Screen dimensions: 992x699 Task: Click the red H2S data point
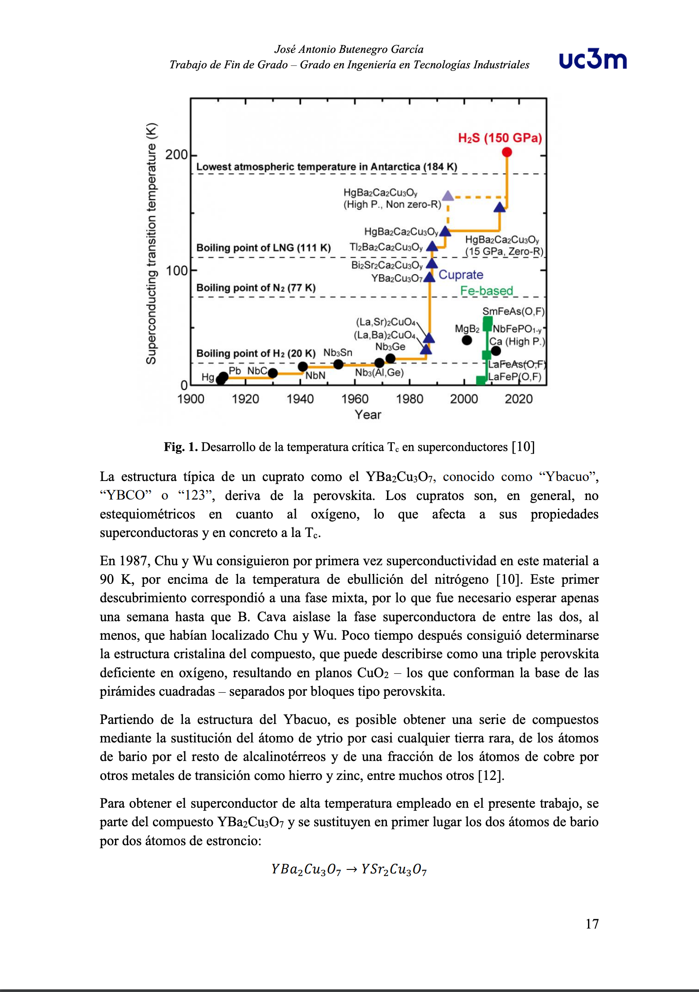507,152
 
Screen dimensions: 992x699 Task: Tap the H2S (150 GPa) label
500,138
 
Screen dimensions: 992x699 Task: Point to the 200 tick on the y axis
176,155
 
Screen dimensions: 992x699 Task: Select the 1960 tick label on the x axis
355,399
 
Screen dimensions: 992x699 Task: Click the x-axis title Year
368,415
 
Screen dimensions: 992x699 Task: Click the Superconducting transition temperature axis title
151,243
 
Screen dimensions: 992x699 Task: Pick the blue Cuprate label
461,275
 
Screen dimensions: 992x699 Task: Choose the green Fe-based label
487,291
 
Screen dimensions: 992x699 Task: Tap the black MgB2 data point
467,340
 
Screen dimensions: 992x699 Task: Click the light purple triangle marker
448,196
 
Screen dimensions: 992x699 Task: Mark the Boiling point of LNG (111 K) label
263,248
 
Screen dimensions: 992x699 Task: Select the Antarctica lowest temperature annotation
327,167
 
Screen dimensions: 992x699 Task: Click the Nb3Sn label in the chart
338,353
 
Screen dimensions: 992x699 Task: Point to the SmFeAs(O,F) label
513,312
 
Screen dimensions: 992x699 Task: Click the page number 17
592,924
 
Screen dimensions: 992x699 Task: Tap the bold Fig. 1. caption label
181,447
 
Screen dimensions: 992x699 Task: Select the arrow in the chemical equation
351,869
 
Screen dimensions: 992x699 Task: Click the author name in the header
349,49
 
